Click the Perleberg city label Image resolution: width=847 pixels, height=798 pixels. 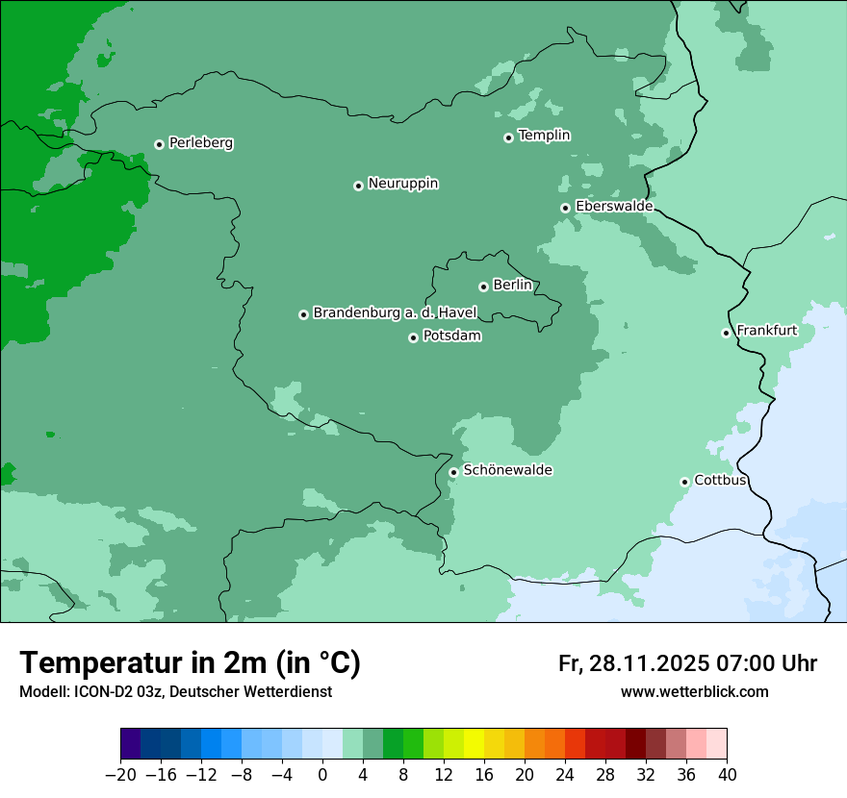pos(200,143)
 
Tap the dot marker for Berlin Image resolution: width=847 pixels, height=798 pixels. pos(483,287)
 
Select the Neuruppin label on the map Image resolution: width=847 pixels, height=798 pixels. pos(402,184)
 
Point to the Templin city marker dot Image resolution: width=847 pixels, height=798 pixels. pos(508,137)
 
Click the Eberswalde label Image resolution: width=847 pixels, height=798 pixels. pos(614,207)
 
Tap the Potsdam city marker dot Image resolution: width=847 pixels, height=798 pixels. pos(413,337)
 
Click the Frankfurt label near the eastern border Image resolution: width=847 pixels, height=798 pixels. pos(766,331)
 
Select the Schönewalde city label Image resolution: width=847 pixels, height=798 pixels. pos(507,470)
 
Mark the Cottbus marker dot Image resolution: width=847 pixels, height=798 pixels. pos(684,482)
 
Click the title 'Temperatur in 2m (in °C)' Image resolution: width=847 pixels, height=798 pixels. pos(191,663)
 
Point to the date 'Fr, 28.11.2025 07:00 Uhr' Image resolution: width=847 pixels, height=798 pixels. pos(687,663)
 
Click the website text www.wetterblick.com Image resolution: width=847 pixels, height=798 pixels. pos(694,692)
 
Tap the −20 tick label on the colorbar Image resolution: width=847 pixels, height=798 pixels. pos(120,774)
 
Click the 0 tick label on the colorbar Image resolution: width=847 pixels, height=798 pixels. pos(322,774)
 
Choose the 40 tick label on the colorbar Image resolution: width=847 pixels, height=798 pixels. pos(727,774)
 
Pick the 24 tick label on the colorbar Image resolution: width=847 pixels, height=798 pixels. pos(565,774)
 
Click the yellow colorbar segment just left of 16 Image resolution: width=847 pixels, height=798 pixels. pos(474,744)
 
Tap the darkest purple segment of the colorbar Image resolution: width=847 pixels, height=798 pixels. pos(130,744)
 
